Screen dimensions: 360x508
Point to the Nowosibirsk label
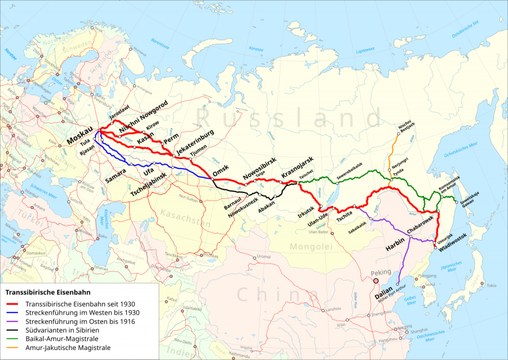click(x=259, y=169)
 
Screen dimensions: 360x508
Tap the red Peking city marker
click(x=376, y=281)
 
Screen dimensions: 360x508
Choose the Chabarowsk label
click(x=421, y=224)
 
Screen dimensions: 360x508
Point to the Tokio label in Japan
click(x=491, y=286)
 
